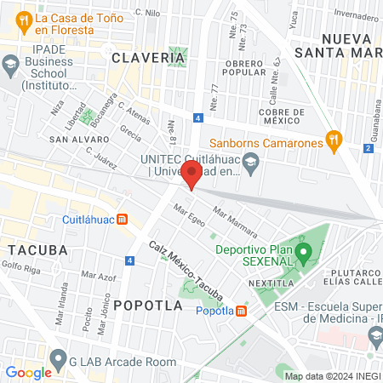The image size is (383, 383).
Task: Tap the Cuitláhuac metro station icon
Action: coord(122,219)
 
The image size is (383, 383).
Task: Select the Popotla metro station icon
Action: coord(242,311)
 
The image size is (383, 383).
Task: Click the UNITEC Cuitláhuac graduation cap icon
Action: coord(250,163)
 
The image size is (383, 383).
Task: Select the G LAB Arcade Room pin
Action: coord(58,360)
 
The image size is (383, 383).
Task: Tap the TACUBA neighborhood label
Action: coord(37,249)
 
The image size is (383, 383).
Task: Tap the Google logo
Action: coord(28,372)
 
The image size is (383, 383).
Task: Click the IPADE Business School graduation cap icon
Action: coord(10,65)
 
